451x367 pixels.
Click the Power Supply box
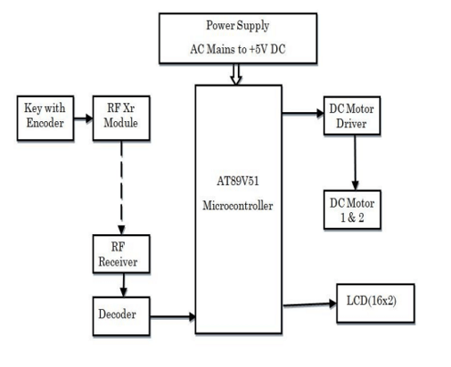236,37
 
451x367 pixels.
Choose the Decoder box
119,314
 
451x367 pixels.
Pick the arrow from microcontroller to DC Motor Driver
302,113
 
